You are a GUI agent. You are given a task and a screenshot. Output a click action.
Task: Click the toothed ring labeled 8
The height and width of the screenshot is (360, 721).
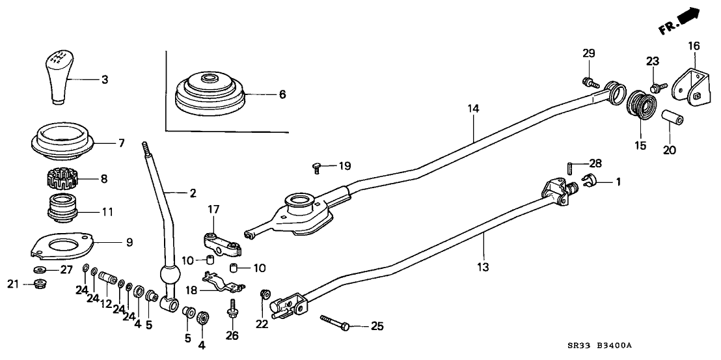(64, 178)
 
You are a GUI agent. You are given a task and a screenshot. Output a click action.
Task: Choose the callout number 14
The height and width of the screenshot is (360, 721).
(473, 109)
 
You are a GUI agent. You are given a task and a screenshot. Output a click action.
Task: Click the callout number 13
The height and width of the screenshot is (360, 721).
(484, 268)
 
